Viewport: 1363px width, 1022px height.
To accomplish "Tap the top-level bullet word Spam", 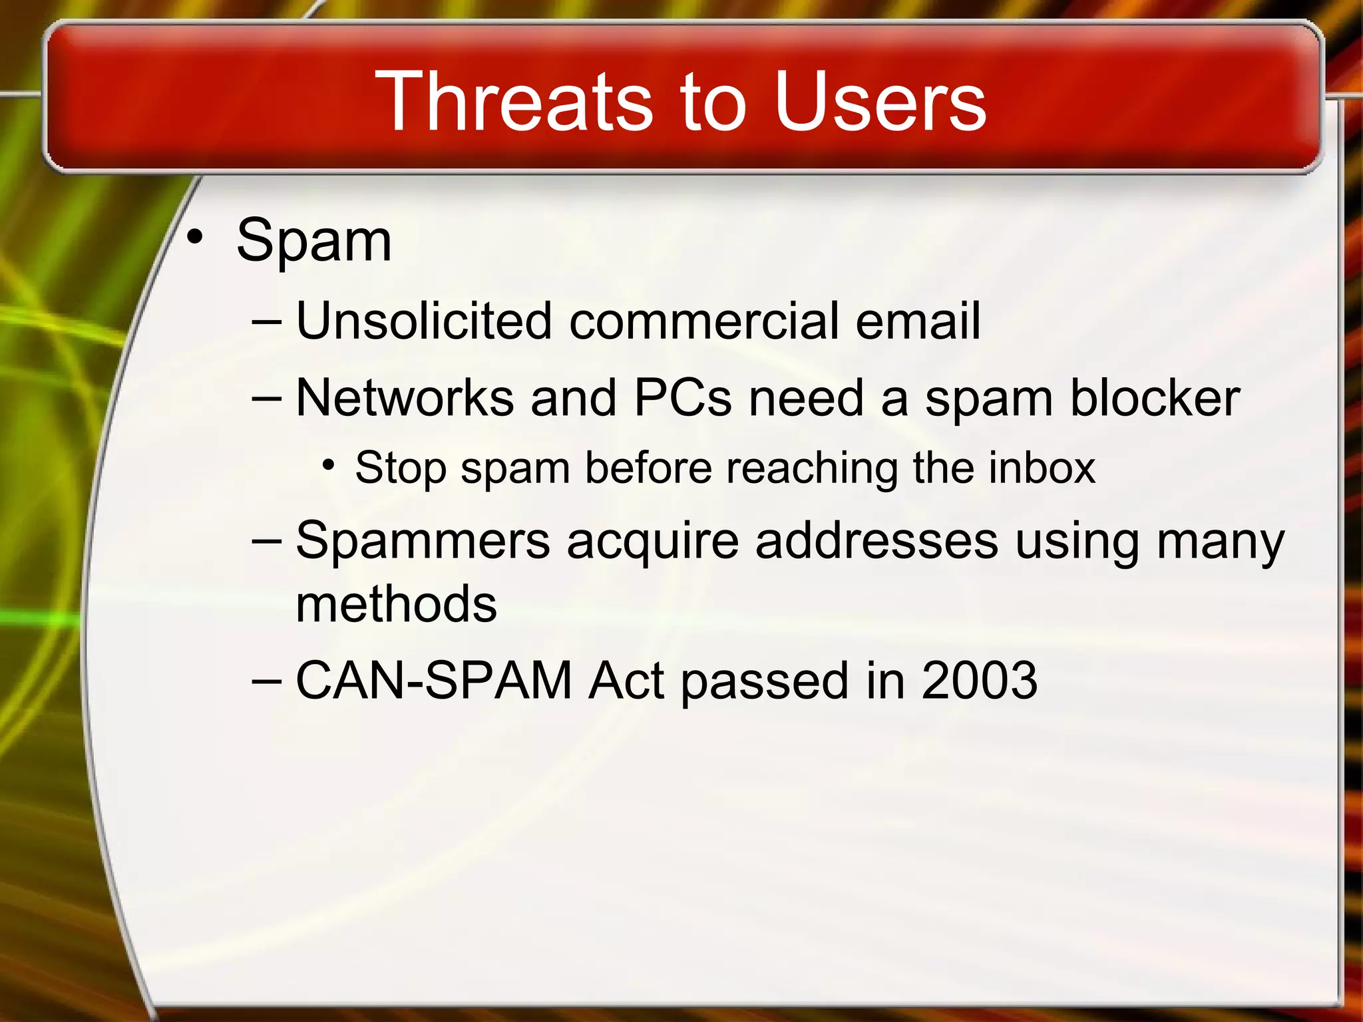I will pos(313,241).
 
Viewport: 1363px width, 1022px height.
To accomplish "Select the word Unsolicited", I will pos(423,321).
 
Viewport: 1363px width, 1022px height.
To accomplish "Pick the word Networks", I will pos(404,399).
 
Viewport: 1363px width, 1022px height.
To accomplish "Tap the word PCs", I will pos(683,399).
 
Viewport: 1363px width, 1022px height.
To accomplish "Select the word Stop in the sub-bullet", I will pos(399,468).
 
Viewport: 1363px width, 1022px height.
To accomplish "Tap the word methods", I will pos(396,604).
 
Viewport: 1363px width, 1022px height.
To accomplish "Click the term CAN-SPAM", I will pos(433,681).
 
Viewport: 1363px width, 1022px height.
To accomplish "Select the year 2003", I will pos(979,681).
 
